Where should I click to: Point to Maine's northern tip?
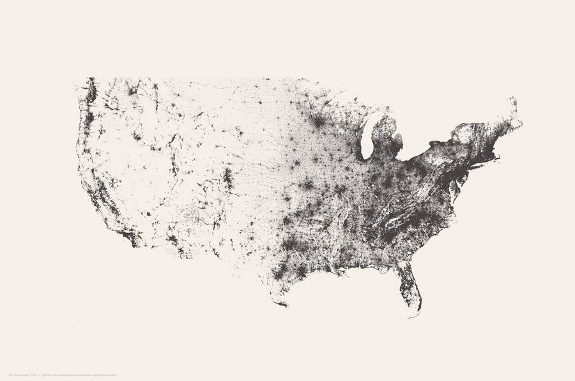[512, 100]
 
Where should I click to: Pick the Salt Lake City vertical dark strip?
[172, 163]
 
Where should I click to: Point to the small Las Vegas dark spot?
[147, 213]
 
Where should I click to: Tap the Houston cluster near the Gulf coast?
[301, 271]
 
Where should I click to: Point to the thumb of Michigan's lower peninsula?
[397, 141]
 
